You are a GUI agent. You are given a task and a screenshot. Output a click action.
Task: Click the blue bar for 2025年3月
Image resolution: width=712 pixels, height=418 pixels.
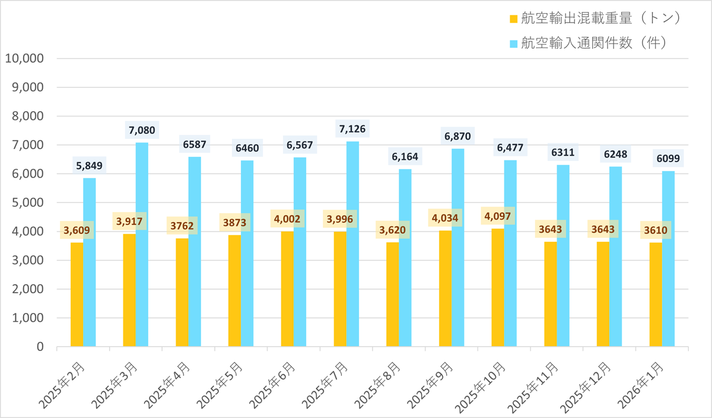click(x=142, y=244)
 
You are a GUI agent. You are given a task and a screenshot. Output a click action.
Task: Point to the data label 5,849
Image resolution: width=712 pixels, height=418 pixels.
click(x=90, y=166)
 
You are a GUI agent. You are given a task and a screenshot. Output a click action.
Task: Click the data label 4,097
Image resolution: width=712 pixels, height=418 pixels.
click(x=498, y=216)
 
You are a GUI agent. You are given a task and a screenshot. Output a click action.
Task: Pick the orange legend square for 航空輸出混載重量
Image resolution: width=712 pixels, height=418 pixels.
click(x=514, y=19)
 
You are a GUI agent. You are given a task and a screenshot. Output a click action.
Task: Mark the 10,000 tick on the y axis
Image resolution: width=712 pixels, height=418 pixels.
click(x=24, y=59)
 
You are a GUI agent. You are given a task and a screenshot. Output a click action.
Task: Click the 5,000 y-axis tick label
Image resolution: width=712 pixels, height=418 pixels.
click(x=27, y=202)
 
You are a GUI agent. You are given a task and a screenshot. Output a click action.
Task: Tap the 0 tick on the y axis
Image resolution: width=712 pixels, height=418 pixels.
click(x=39, y=347)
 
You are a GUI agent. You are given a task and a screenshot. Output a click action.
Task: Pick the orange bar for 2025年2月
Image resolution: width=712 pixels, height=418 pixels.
click(x=77, y=294)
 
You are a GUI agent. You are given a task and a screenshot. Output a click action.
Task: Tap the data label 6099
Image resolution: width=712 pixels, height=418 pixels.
click(x=669, y=159)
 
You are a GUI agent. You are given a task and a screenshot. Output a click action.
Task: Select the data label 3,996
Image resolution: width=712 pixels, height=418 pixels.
click(x=340, y=219)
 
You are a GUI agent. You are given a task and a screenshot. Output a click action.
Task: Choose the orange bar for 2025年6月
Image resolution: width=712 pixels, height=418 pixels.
click(x=287, y=289)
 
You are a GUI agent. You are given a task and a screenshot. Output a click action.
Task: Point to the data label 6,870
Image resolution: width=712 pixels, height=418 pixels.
click(x=457, y=137)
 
